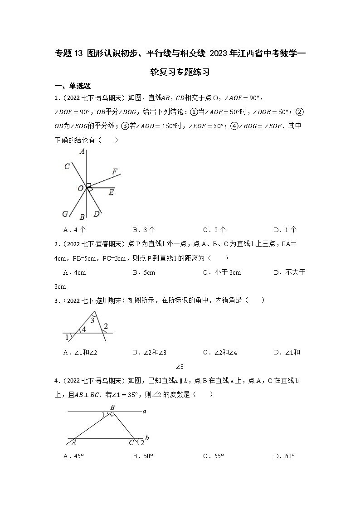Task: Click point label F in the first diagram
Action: (x=115, y=171)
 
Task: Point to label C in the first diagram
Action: (x=67, y=166)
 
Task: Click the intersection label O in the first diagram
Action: (x=80, y=188)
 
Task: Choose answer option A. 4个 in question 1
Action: (x=74, y=230)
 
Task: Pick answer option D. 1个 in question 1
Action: (x=285, y=230)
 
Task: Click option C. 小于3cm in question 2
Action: (x=222, y=272)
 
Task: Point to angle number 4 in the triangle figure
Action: (x=83, y=330)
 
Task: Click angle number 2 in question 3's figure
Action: (x=106, y=326)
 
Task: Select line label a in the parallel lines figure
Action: (x=144, y=412)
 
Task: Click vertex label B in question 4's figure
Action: (x=112, y=407)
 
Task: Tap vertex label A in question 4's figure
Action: (x=73, y=442)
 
